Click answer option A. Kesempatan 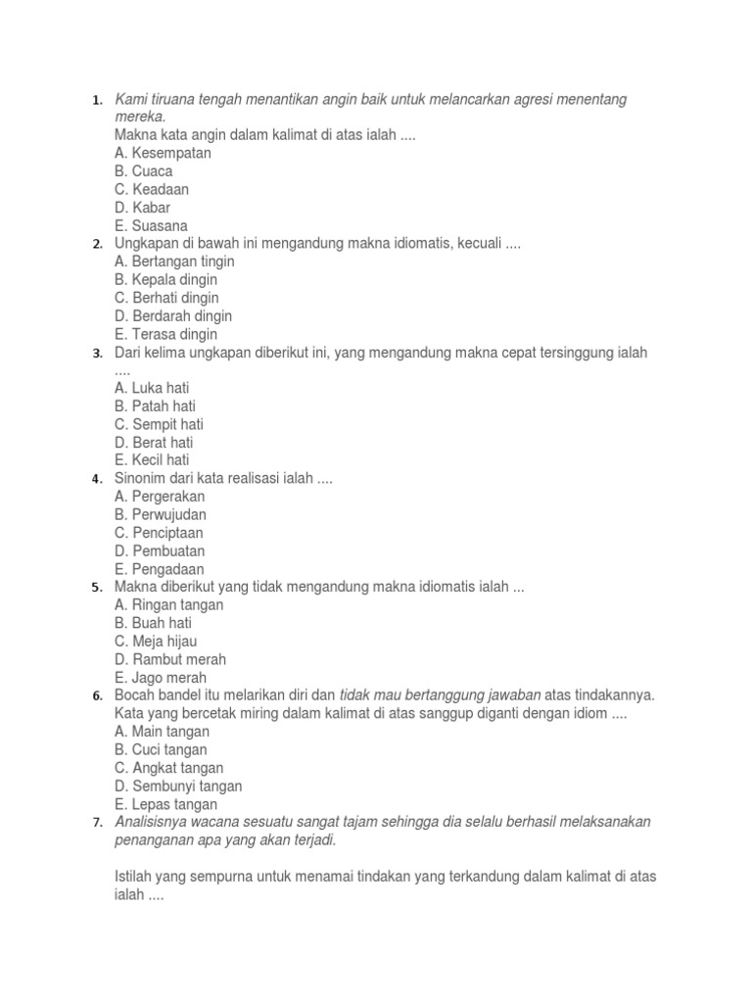(x=163, y=153)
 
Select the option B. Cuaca (x=143, y=171)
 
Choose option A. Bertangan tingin (x=174, y=262)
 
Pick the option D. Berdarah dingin (x=173, y=315)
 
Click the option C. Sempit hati (x=159, y=424)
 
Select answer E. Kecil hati (x=152, y=459)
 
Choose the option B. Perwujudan (x=161, y=514)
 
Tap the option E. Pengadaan (x=160, y=568)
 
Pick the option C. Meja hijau (x=157, y=641)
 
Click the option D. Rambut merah (x=170, y=659)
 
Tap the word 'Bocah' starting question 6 (x=135, y=694)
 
